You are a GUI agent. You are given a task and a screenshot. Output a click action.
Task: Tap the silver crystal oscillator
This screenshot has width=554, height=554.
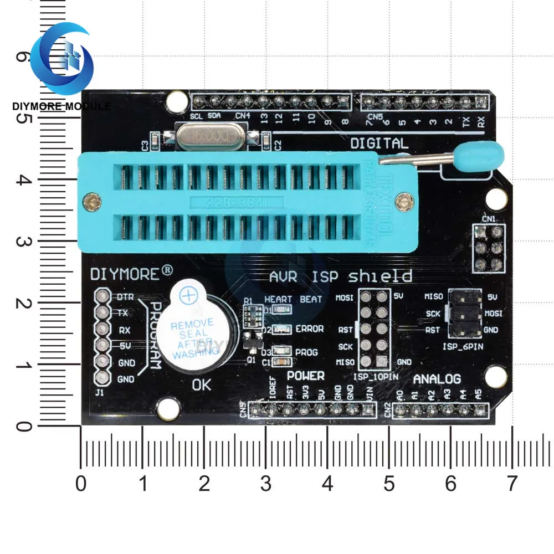210,136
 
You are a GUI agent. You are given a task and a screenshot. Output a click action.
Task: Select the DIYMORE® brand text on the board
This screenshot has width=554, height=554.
132,273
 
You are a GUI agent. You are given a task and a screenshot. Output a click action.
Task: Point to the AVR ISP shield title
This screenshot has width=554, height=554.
340,275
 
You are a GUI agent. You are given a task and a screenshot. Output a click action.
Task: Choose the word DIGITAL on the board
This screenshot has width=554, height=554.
379,143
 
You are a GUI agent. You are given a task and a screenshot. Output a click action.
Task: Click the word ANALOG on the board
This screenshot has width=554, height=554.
437,379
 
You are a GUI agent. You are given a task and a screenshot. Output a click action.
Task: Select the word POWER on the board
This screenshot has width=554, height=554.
305,376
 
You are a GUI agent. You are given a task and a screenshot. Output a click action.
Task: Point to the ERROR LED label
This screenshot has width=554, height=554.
309,329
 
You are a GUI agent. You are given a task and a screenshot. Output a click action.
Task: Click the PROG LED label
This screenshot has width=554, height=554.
306,352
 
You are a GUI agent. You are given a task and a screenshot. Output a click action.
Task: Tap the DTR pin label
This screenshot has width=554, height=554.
125,297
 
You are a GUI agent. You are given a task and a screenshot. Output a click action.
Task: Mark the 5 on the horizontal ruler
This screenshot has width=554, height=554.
389,484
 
